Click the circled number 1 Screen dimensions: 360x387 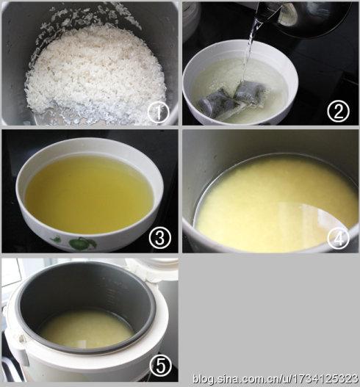[158, 112]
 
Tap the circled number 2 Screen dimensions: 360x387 [338, 112]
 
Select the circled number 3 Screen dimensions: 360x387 [160, 238]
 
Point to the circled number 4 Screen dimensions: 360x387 [338, 238]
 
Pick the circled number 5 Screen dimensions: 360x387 [160, 366]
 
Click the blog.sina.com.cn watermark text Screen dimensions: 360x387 [276, 379]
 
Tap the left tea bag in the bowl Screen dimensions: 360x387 [215, 103]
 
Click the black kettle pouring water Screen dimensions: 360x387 [303, 18]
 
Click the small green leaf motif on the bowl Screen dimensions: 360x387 [57, 239]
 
